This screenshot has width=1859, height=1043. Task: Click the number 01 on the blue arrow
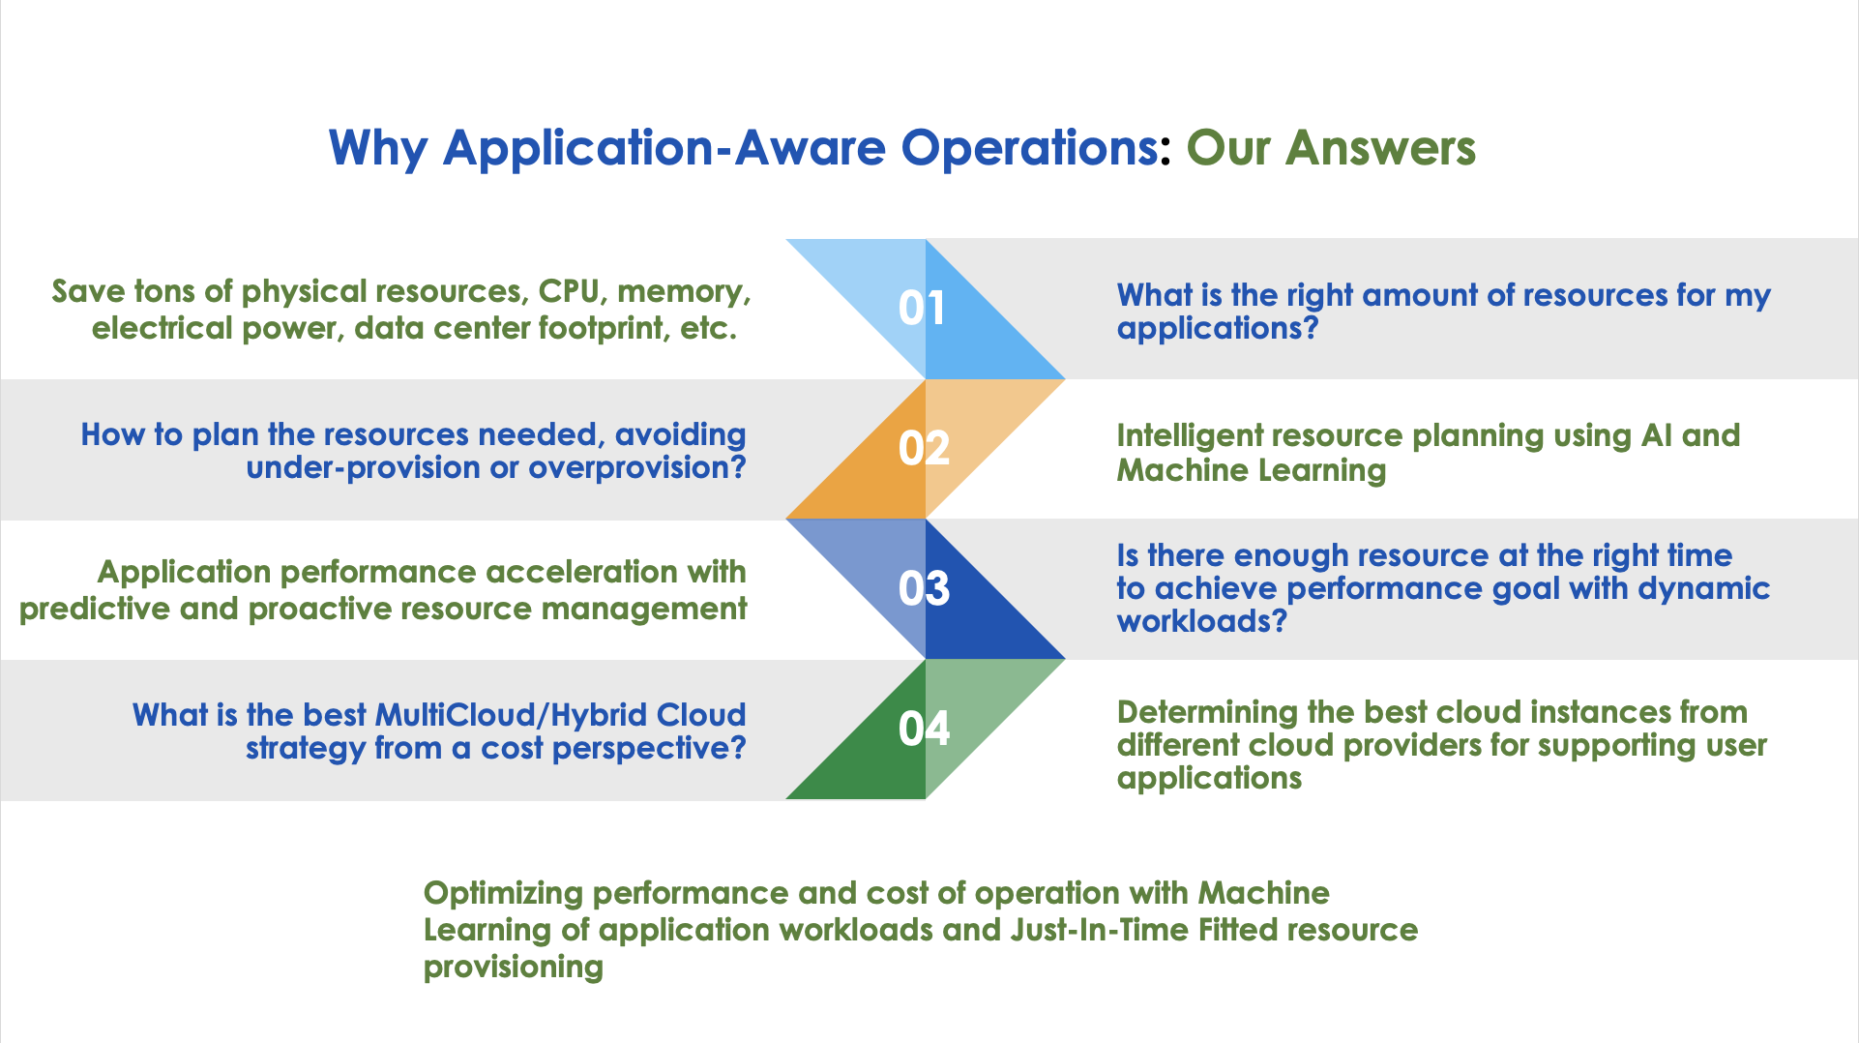point(922,309)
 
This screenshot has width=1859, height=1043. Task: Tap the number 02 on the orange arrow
point(924,449)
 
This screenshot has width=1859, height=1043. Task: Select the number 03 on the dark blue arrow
point(924,589)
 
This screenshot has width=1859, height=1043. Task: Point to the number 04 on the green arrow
point(924,729)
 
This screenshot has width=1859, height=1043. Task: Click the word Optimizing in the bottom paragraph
point(503,894)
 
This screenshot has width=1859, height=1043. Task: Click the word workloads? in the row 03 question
point(1202,621)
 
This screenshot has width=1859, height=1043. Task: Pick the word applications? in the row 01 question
point(1218,329)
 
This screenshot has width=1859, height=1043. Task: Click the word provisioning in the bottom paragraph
point(514,968)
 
